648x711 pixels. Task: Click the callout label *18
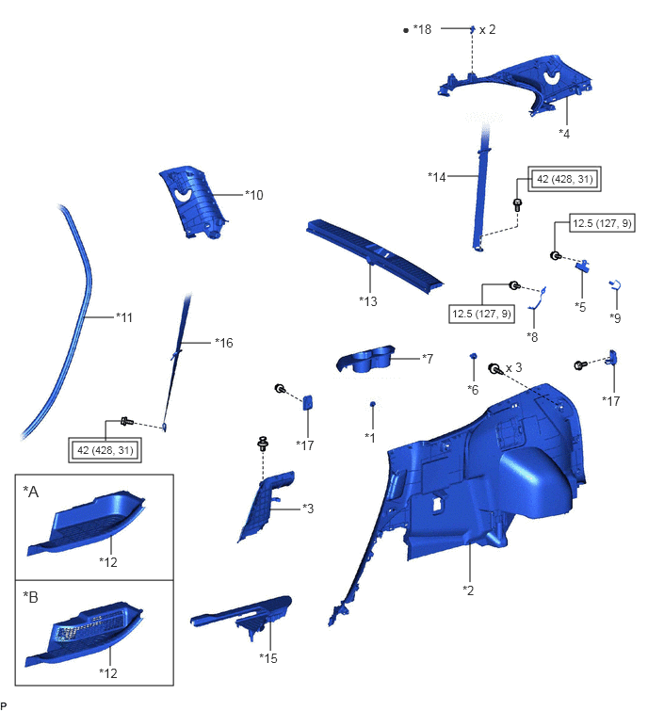422,29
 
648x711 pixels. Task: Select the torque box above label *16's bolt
105,450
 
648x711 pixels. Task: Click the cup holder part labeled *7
365,359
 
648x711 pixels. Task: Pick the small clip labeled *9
615,285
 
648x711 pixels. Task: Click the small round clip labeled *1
373,404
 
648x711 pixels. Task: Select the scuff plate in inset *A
86,523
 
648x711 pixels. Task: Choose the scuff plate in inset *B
85,634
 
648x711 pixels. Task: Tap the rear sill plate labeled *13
375,255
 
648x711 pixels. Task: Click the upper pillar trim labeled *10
193,202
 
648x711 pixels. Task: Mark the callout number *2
468,590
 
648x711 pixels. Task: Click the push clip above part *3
263,443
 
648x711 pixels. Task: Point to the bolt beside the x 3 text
494,368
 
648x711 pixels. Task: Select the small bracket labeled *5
583,266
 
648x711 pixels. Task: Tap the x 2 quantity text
488,29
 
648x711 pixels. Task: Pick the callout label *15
268,658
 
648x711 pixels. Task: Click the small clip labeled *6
473,356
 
